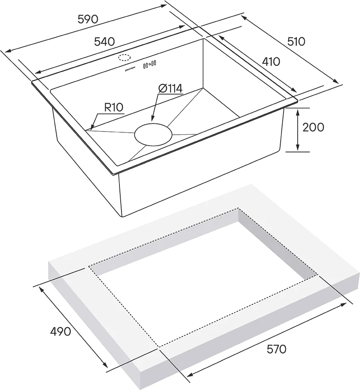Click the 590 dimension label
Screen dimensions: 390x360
tap(87, 19)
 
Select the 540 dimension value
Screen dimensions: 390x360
tap(104, 41)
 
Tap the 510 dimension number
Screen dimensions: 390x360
tap(296, 41)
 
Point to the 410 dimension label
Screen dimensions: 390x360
tap(271, 61)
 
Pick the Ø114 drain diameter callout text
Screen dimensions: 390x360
tap(170, 88)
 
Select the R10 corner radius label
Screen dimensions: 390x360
tap(114, 107)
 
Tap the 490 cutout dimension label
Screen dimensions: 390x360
tap(60, 332)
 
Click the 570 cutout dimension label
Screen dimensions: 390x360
tap(276, 349)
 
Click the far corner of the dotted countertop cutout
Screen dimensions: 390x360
tap(239, 208)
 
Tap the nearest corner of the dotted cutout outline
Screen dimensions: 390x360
tap(159, 347)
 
